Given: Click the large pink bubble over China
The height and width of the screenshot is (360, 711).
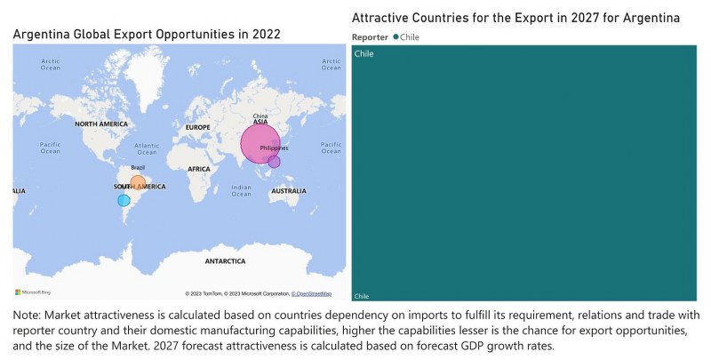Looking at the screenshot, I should (x=260, y=143).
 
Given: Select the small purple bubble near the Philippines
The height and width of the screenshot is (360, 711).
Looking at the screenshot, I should (x=275, y=162).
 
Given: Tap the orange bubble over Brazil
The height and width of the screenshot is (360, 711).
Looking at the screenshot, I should (x=138, y=183).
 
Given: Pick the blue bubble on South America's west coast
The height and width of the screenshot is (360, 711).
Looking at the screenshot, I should (x=124, y=201).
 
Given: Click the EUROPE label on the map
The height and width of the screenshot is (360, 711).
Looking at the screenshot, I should (x=197, y=128).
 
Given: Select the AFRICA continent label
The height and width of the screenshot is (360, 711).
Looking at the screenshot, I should (x=199, y=168).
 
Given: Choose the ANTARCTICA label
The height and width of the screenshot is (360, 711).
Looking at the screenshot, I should (x=225, y=261).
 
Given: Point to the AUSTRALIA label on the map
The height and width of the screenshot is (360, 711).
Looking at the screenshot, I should (x=290, y=191).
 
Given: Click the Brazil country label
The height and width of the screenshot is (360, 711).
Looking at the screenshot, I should (x=138, y=168).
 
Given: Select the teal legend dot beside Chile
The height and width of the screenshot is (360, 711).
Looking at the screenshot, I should (x=395, y=37).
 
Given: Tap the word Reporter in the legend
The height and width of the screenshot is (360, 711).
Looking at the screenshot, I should (x=370, y=37).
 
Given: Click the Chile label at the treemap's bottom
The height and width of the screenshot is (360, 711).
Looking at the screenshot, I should (x=362, y=296).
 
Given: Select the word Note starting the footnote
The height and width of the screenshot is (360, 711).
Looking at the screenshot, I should (x=28, y=316).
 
